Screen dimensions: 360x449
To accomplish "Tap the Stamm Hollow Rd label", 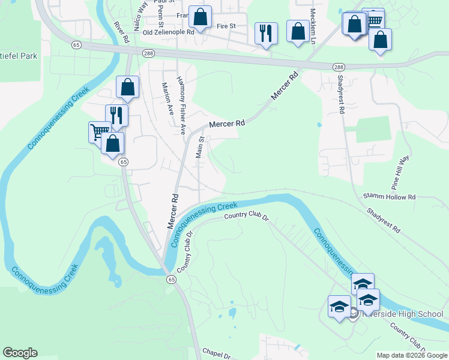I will coord(390,197).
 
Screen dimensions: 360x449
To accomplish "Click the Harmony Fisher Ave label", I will coord(181,105).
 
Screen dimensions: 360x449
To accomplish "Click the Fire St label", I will coord(226,26).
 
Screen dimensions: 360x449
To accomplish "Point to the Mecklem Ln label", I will coord(313,20).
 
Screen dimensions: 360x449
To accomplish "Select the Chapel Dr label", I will coord(216,354).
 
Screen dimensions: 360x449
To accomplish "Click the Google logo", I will coord(20,353).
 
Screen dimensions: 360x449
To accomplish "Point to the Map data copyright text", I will coord(411,355).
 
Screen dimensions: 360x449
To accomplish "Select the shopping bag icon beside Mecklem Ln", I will coord(298,31).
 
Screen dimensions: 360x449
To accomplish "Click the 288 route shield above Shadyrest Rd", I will coord(339,67).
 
